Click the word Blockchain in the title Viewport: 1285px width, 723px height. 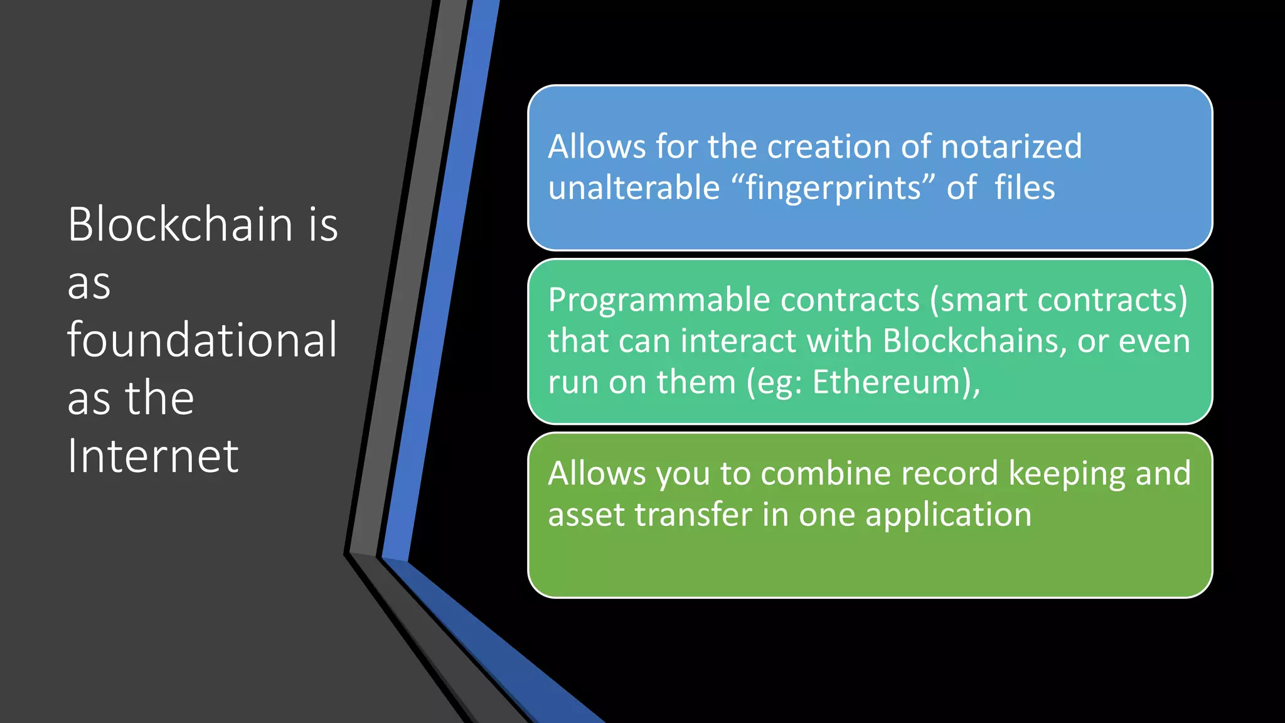tap(180, 224)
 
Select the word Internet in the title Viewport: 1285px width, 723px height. tap(152, 456)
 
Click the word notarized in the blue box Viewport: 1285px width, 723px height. tap(1011, 146)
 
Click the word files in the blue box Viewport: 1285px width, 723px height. tap(1025, 188)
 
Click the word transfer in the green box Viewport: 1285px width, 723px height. tap(693, 515)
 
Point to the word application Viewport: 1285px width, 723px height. tap(948, 516)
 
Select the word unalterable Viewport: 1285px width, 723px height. tap(634, 188)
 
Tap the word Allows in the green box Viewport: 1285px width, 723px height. tap(597, 473)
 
